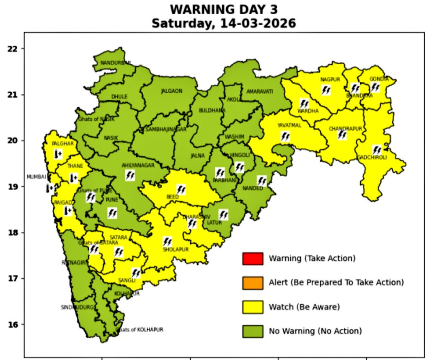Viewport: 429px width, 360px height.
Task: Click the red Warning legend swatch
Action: pyautogui.click(x=252, y=259)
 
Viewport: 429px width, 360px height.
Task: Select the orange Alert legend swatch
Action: pyautogui.click(x=252, y=283)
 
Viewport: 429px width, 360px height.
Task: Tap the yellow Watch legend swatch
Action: pyautogui.click(x=252, y=307)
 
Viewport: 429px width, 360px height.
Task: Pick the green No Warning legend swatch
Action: pyautogui.click(x=252, y=331)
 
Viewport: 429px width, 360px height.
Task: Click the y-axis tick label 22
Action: pyautogui.click(x=13, y=49)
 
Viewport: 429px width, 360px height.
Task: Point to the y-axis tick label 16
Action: pyautogui.click(x=13, y=324)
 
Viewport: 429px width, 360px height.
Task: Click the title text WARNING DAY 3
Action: pyautogui.click(x=224, y=10)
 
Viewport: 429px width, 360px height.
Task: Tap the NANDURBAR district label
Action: pyautogui.click(x=116, y=63)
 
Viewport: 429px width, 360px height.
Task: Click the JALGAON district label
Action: pyautogui.click(x=172, y=91)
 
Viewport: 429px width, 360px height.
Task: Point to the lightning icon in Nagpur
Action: pyautogui.click(x=326, y=90)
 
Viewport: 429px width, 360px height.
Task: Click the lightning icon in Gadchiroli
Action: pyautogui.click(x=377, y=150)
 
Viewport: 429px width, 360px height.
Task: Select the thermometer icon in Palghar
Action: pyautogui.click(x=58, y=155)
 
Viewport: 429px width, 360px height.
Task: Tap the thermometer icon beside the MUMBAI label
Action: pyautogui.click(x=50, y=188)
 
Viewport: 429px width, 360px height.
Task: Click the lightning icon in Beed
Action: pyautogui.click(x=181, y=189)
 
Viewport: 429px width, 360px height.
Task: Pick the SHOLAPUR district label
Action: pyautogui.click(x=176, y=249)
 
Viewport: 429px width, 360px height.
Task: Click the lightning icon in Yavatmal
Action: pyautogui.click(x=285, y=136)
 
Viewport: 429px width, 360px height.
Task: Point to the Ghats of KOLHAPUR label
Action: pyautogui.click(x=140, y=330)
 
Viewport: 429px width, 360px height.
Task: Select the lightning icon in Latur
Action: pyautogui.click(x=223, y=215)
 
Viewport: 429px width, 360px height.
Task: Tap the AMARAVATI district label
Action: pyautogui.click(x=260, y=91)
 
